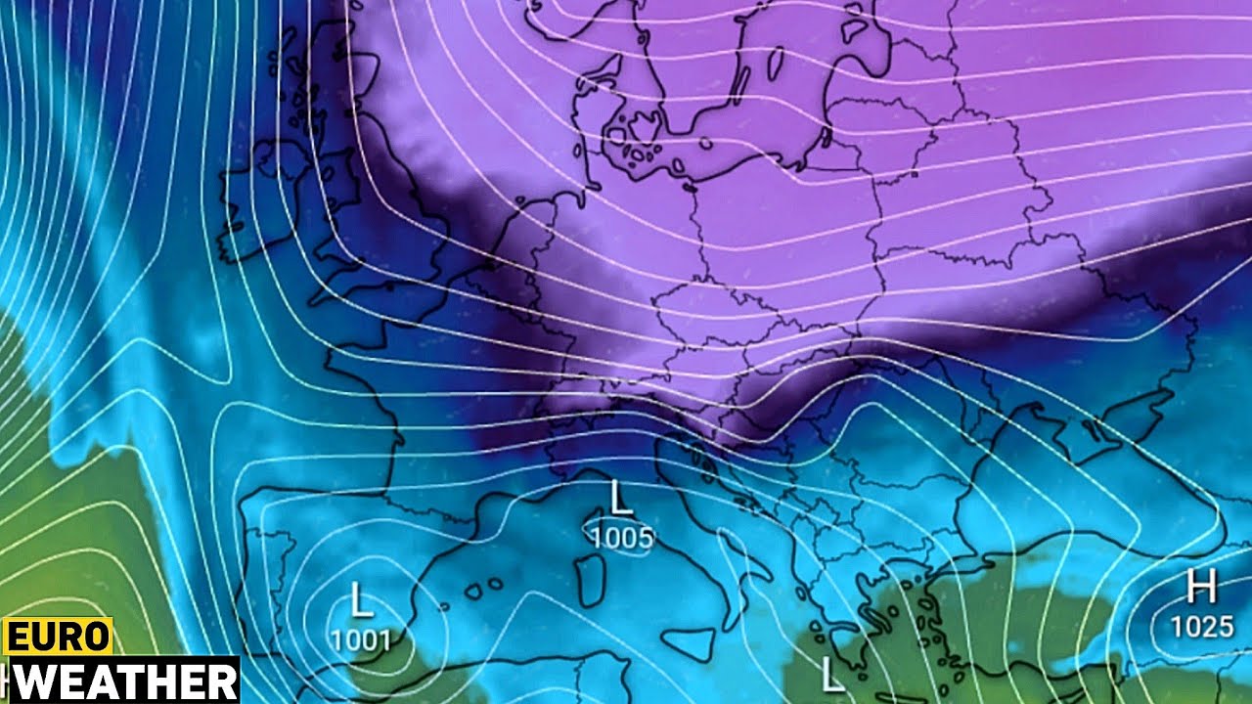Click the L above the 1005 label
(x=620, y=498)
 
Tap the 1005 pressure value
(x=621, y=537)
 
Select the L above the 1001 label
(x=362, y=599)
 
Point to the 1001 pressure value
(x=361, y=640)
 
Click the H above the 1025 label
(x=1200, y=587)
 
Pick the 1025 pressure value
(x=1202, y=626)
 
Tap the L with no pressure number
(x=831, y=674)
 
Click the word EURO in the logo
(x=58, y=637)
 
